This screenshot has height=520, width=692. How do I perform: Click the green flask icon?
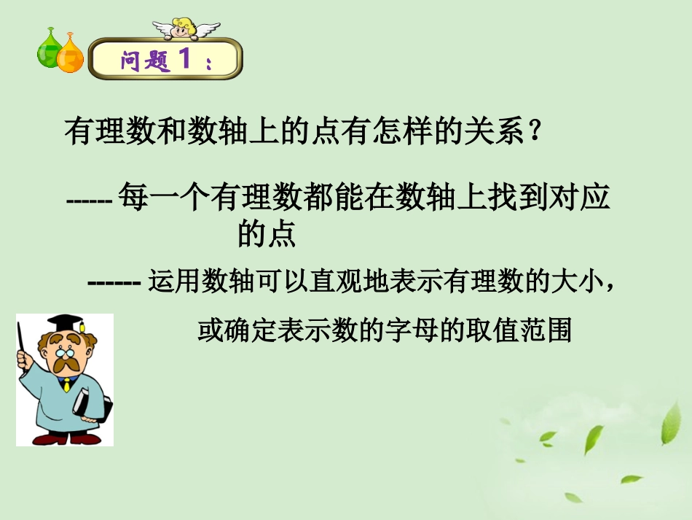(50, 51)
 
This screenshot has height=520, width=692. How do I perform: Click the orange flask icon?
(71, 55)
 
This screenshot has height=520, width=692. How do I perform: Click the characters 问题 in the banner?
(144, 61)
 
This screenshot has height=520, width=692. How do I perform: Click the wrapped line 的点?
(266, 233)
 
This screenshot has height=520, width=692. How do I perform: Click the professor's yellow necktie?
(66, 384)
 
